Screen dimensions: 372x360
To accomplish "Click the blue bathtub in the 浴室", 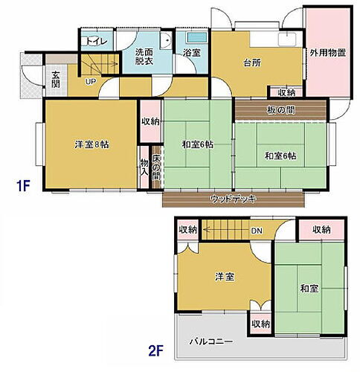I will pos(196,38).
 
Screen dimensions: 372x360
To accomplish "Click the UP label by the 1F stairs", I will pos(91,81).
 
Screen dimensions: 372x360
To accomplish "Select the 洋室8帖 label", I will pos(91,144).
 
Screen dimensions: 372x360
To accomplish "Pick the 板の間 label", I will pos(280,111).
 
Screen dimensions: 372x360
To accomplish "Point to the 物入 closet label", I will pos(144,168).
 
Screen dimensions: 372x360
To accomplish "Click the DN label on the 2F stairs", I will pos(256,231).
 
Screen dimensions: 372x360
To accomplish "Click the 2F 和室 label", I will pos(310,288).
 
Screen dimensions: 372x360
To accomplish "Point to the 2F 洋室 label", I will pos(225,277).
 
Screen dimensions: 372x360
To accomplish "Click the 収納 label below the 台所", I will pos(286,93).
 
